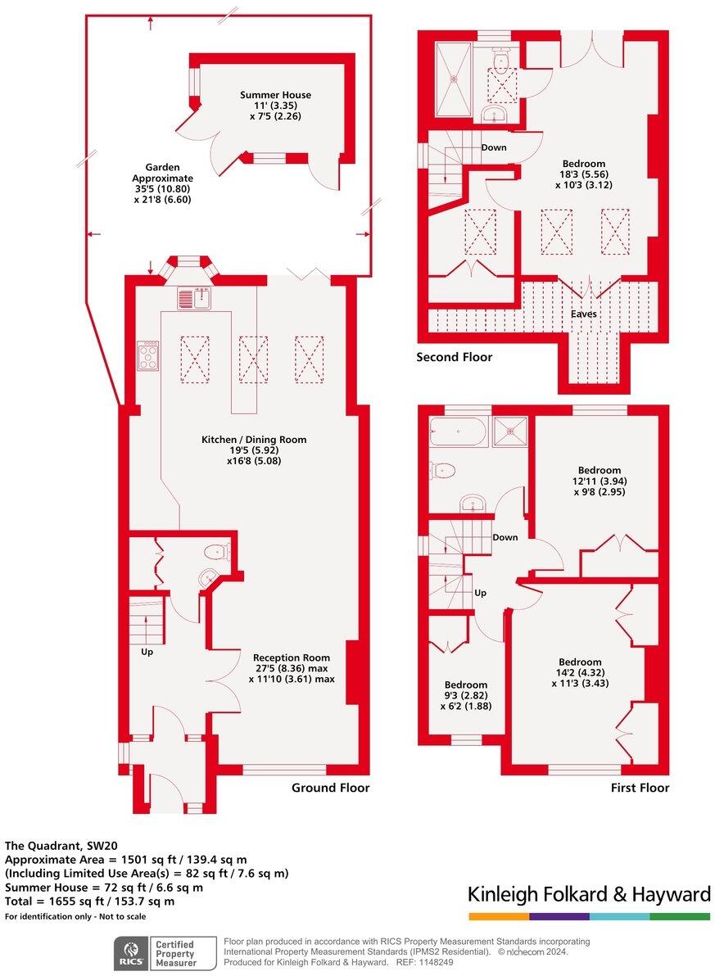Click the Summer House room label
[x=275, y=106]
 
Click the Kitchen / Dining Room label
[x=254, y=450]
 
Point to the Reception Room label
[x=292, y=667]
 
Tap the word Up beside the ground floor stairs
[x=147, y=653]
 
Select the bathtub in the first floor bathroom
[x=458, y=430]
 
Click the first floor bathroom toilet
[x=443, y=470]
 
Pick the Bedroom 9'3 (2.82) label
[x=466, y=695]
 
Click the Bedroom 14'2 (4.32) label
[x=580, y=672]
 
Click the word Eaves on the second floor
[x=584, y=314]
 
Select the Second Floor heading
[x=454, y=357]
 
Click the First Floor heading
[x=640, y=788]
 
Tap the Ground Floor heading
[x=331, y=788]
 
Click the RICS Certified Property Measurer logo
[x=165, y=953]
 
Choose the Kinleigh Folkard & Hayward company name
[x=589, y=895]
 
